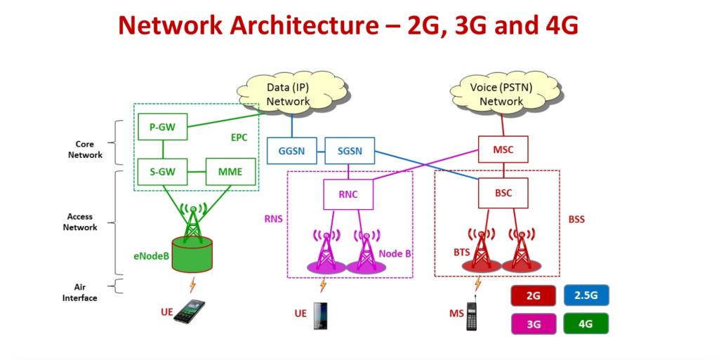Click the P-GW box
163,127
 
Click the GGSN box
291,150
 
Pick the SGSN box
349,150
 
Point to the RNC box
348,194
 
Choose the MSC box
503,149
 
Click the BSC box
503,192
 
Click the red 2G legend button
533,295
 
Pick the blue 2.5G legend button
586,295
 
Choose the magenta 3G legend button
533,324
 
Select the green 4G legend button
586,324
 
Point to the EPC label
239,138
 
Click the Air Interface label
79,293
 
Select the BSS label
576,220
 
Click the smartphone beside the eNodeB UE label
189,311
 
